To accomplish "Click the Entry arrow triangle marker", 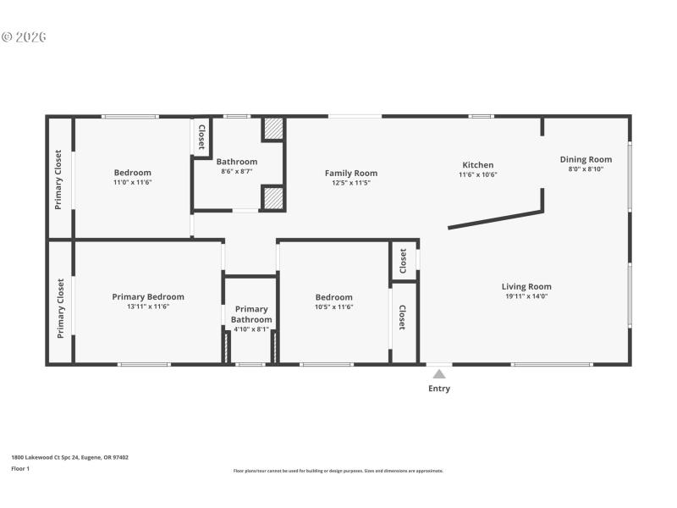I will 438,373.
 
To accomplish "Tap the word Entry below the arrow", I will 439,389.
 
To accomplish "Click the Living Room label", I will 526,286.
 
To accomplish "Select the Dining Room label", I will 586,159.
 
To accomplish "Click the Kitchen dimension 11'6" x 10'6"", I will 477,174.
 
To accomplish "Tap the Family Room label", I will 351,173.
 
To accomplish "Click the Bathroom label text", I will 236,162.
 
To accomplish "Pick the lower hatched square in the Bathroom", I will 272,198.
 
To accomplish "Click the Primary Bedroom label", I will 148,296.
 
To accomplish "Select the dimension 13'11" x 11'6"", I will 148,306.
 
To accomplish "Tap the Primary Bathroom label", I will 251,314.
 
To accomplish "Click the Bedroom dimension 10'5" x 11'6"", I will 333,306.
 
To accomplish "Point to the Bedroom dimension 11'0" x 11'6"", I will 133,182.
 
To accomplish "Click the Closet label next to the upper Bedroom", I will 201,137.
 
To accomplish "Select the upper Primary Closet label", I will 59,179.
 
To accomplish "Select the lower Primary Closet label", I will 60,308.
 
